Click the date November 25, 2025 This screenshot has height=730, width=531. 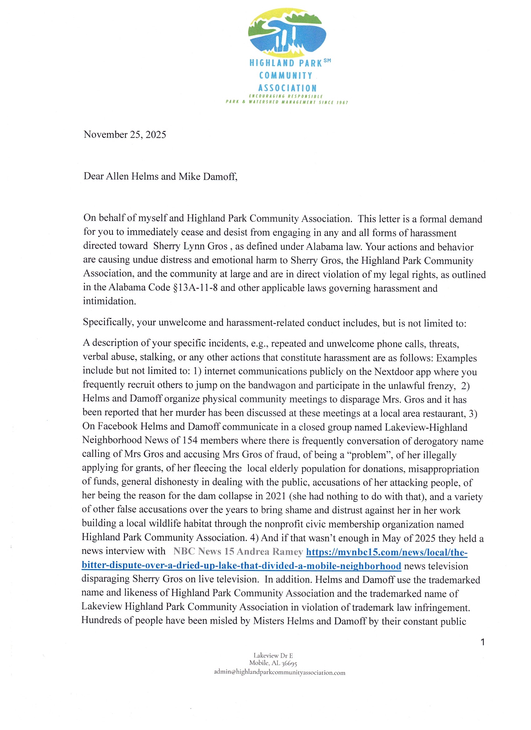pos(125,135)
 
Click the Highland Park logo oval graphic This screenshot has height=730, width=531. pos(287,31)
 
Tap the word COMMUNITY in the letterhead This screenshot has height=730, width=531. pos(286,76)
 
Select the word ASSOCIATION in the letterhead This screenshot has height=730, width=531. pos(287,88)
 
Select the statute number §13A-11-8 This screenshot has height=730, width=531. pos(195,288)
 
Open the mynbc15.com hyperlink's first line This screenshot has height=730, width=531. pos(386,552)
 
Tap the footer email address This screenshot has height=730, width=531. pos(280,672)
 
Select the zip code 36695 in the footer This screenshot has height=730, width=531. pos(289,663)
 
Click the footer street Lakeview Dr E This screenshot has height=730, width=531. pos(273,655)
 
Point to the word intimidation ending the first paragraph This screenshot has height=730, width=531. pos(109,301)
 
